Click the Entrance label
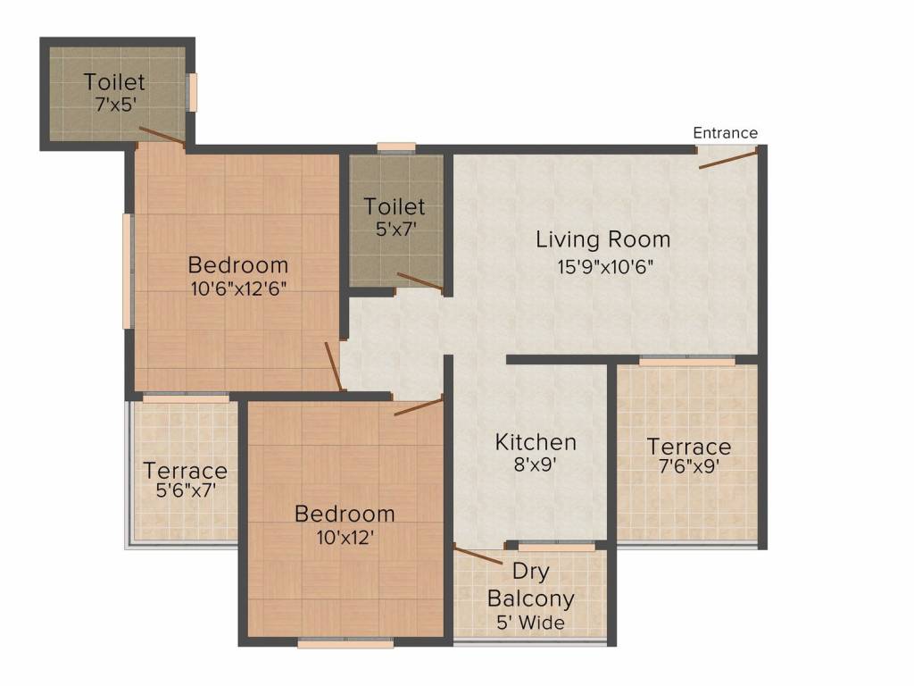click(725, 133)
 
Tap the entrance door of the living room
click(728, 159)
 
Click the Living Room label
click(602, 239)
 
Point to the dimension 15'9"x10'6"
click(602, 268)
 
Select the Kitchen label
click(536, 442)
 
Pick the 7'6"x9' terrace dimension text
click(688, 465)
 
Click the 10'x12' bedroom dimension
click(345, 538)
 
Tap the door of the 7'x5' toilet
click(162, 136)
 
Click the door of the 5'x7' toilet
click(420, 282)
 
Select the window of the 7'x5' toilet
click(192, 92)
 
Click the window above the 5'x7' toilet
click(395, 147)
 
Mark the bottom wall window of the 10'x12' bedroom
click(345, 641)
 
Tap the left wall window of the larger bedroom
click(129, 271)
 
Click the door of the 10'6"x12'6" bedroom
click(334, 366)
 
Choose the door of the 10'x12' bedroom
click(418, 407)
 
